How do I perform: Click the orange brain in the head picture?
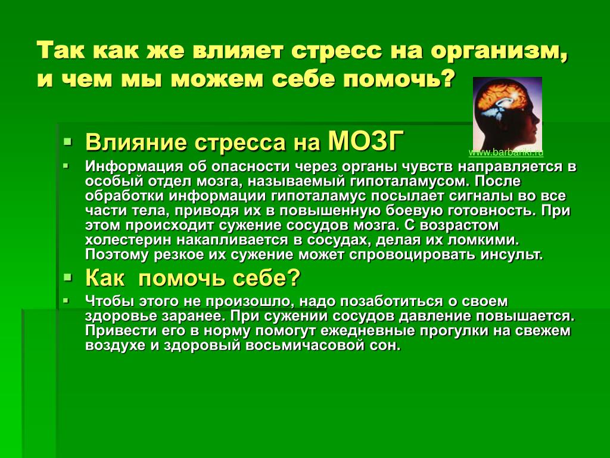point(500,95)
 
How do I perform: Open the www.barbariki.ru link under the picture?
point(506,153)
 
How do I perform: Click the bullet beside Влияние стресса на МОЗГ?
point(68,141)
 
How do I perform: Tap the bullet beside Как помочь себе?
point(68,278)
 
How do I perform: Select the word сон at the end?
point(385,346)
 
